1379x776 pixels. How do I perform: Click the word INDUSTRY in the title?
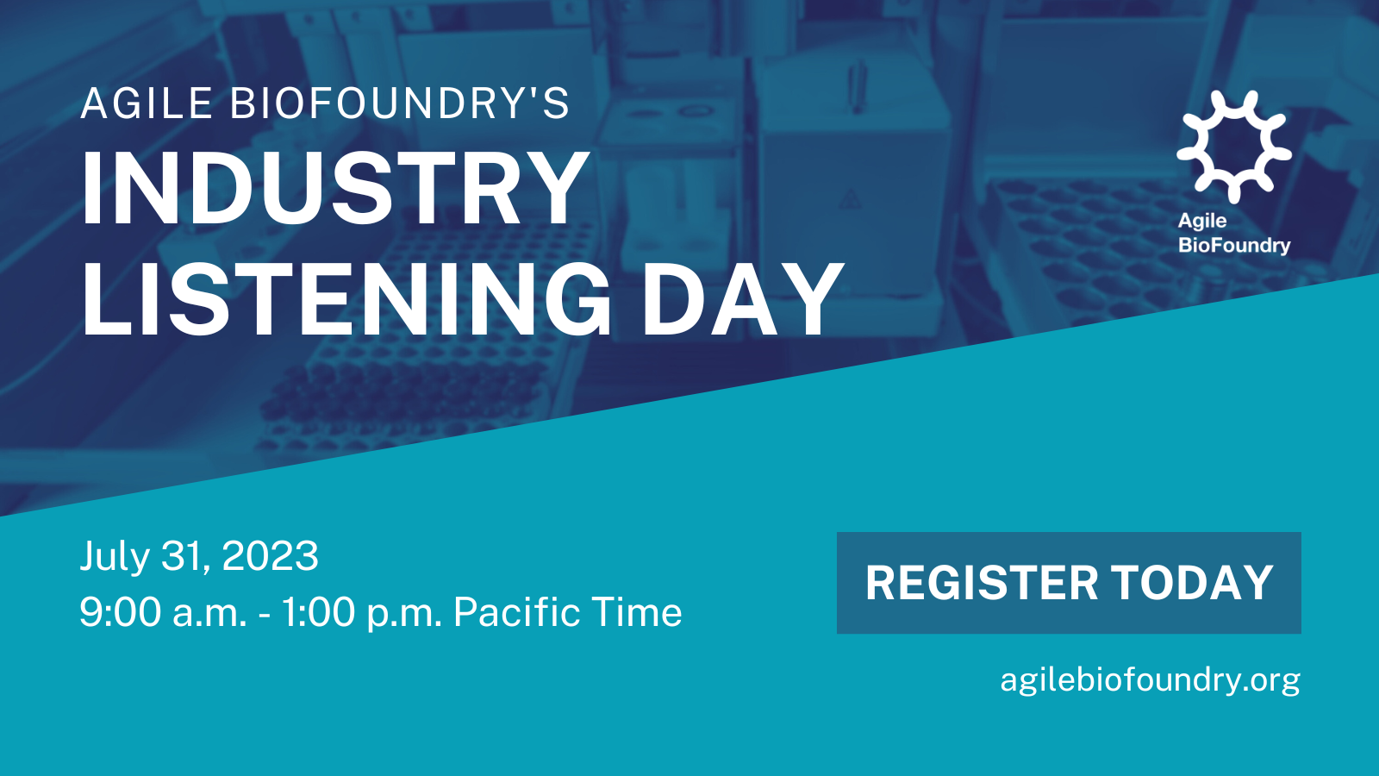pos(335,189)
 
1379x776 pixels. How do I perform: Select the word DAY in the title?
pos(742,299)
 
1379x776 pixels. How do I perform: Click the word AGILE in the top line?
pos(147,103)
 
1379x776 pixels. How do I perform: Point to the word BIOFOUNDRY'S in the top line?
pos(399,103)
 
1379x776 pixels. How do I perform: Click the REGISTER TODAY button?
pos(1069,583)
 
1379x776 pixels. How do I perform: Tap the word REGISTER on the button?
pos(982,583)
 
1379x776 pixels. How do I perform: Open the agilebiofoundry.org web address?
pos(1150,680)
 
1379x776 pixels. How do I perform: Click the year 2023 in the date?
pos(271,556)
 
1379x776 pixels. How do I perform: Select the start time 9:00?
pos(121,612)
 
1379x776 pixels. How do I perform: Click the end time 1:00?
pos(318,612)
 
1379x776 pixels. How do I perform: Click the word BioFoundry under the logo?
pos(1234,246)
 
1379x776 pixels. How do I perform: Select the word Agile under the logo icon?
pos(1202,222)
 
